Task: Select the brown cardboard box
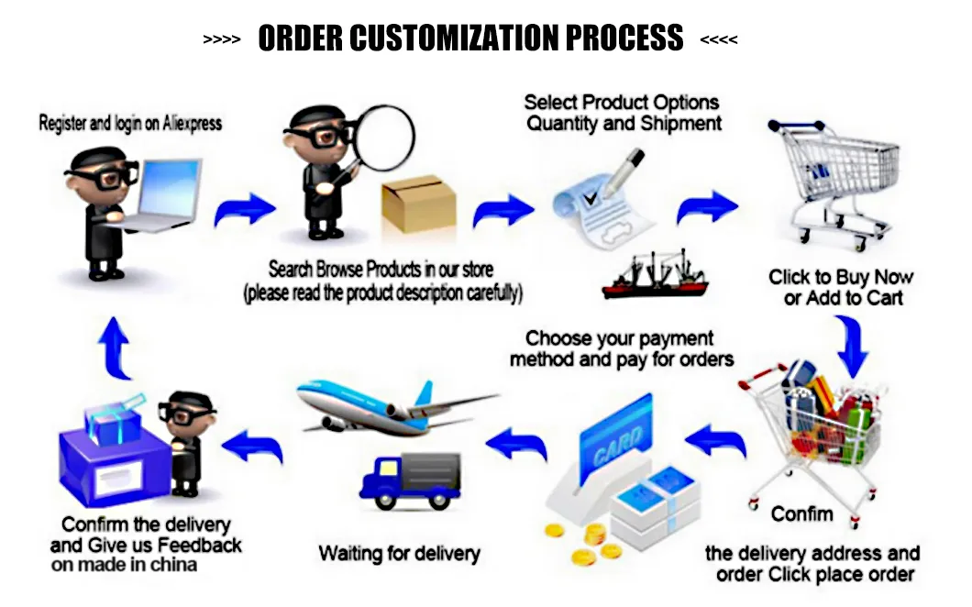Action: click(x=419, y=204)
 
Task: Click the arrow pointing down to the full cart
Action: click(x=852, y=347)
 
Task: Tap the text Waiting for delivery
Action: click(x=399, y=554)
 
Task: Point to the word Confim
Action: click(x=801, y=513)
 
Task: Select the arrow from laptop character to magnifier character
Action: click(x=244, y=210)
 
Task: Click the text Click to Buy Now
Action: click(x=841, y=277)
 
